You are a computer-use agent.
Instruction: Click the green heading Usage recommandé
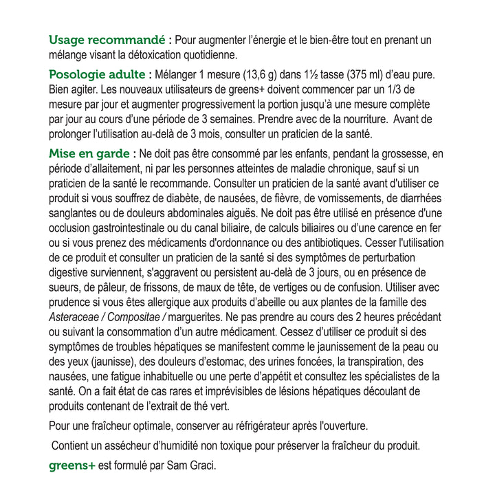point(107,39)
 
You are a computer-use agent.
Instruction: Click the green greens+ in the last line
point(71,465)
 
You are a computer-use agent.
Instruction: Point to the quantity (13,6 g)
point(258,74)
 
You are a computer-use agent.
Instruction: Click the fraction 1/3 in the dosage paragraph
point(410,89)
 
